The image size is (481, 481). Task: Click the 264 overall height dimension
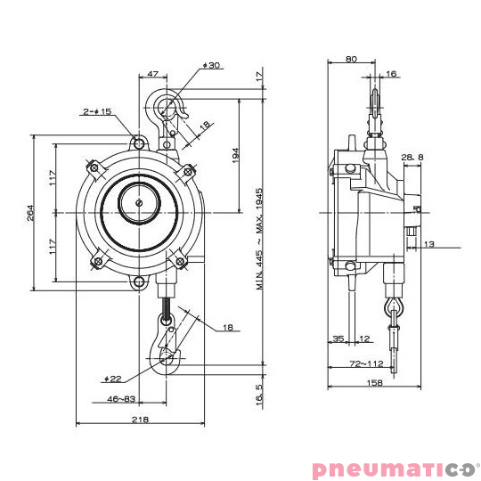click(x=29, y=214)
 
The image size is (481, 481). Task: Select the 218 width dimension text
click(x=140, y=419)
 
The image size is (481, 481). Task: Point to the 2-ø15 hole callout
click(x=97, y=111)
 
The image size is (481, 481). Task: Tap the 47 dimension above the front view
click(x=152, y=75)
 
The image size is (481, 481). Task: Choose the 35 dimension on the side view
click(x=338, y=338)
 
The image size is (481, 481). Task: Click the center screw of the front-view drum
click(x=140, y=204)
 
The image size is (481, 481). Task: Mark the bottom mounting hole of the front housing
click(x=139, y=282)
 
